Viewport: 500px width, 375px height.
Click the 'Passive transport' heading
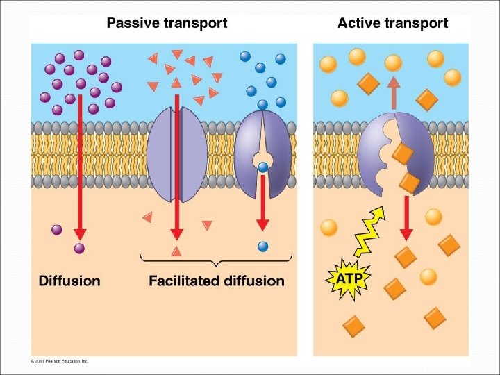(x=167, y=23)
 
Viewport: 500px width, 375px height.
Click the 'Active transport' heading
(x=392, y=23)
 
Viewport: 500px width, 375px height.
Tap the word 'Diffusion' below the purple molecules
(x=69, y=281)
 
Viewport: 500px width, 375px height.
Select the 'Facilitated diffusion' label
(x=217, y=281)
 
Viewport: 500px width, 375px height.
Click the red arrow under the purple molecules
(x=80, y=167)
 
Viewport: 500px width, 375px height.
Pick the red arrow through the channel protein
(x=176, y=167)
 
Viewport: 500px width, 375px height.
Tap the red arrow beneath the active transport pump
(x=407, y=215)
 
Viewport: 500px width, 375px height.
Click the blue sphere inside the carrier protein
(x=262, y=167)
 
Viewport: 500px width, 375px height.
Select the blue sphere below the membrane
(x=262, y=246)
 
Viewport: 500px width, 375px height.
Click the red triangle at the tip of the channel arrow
(x=176, y=250)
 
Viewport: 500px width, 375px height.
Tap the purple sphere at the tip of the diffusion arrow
(x=79, y=248)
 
